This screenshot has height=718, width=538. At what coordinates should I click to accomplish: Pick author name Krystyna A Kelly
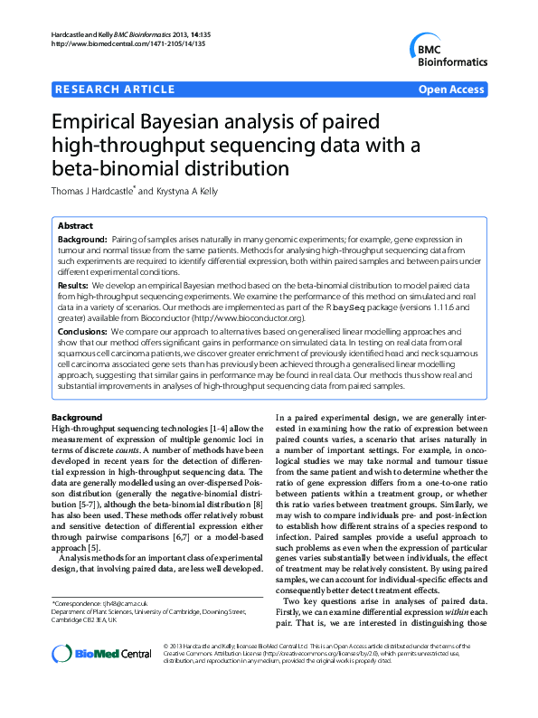click(x=184, y=191)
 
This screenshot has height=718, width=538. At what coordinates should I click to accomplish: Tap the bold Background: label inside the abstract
click(x=85, y=241)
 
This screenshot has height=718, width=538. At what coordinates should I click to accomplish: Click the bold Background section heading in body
click(x=77, y=417)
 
